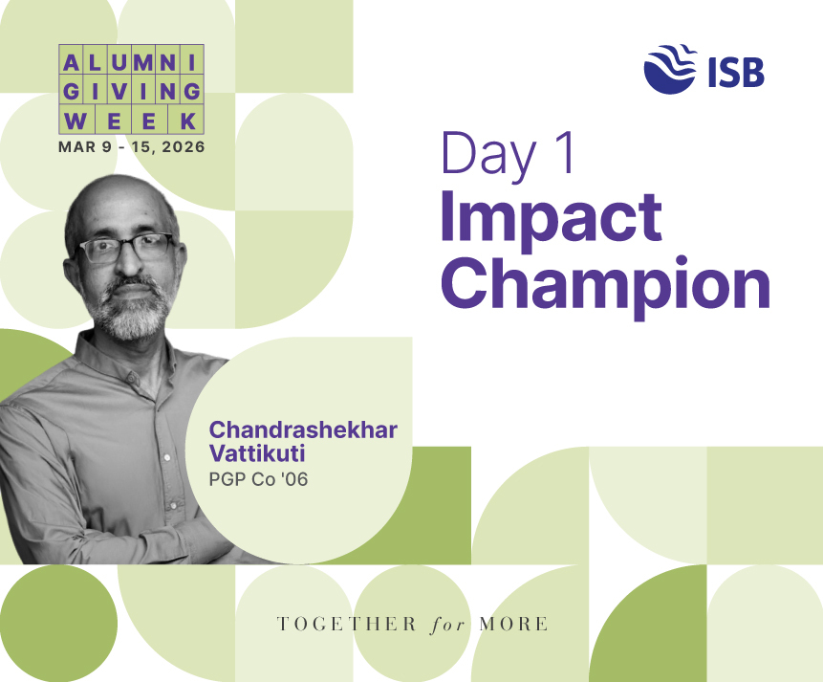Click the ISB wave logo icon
tap(670, 70)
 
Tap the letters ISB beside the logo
tap(735, 72)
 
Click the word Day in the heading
tap(488, 157)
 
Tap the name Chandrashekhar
tap(303, 429)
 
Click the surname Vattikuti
tap(257, 453)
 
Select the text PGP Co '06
tap(258, 480)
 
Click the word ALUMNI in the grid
tap(131, 63)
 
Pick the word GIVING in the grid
tap(131, 92)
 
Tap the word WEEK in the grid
tap(131, 121)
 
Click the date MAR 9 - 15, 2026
tap(131, 147)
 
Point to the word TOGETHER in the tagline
tap(346, 625)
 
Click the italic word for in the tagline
tap(447, 625)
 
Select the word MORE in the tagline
tap(513, 625)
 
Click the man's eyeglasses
tap(127, 248)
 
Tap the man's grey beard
tap(131, 310)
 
